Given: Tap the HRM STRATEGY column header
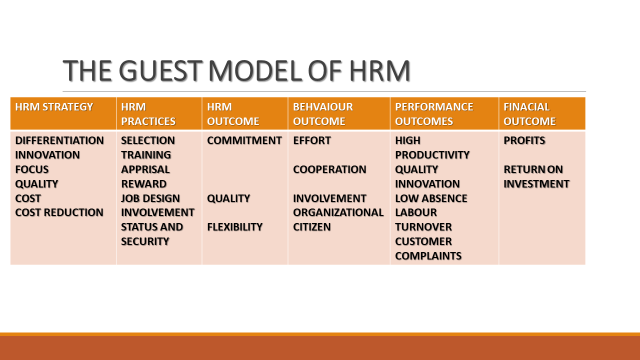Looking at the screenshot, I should click(x=54, y=105).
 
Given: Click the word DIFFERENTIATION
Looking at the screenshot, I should click(x=59, y=141).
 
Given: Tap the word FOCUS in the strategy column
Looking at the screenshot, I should click(x=33, y=170).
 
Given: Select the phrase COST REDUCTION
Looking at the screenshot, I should click(x=59, y=213).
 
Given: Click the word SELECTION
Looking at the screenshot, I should click(x=148, y=141).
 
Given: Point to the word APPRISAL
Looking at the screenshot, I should click(x=146, y=170).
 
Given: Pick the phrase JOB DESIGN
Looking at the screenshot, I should click(x=151, y=198).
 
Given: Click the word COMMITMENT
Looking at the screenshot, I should click(x=244, y=141).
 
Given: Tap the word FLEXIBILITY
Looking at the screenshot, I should click(x=235, y=227).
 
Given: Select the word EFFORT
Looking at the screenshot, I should click(x=312, y=141).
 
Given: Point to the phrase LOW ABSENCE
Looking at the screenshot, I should click(x=430, y=198).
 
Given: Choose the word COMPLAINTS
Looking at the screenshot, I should click(x=428, y=256).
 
